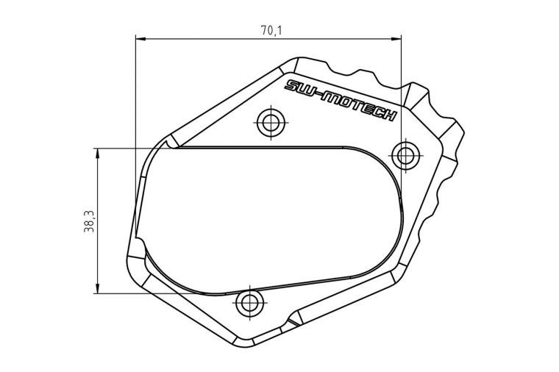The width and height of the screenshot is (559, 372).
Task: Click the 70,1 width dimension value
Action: click(x=271, y=30)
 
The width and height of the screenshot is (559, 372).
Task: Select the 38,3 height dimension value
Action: click(x=88, y=220)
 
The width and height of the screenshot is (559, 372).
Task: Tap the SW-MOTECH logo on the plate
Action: click(x=341, y=100)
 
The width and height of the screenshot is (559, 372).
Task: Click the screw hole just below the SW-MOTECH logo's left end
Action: click(x=271, y=122)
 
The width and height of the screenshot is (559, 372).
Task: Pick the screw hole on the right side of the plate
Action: click(x=405, y=155)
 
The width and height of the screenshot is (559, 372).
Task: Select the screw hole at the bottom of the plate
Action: click(x=251, y=301)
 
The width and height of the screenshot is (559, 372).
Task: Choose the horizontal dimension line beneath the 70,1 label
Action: click(x=221, y=38)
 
